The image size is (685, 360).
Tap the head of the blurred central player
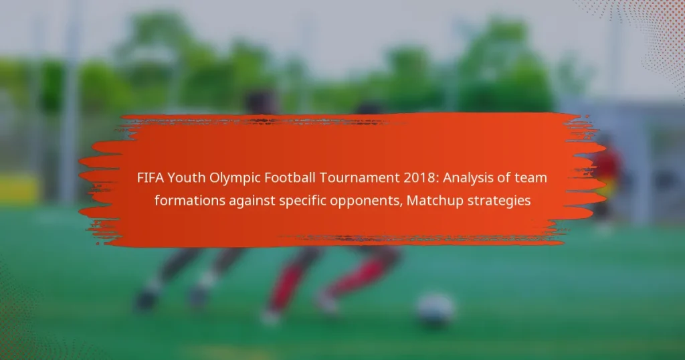[261, 102]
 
